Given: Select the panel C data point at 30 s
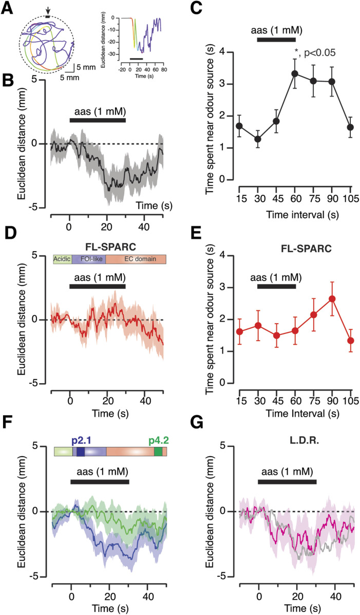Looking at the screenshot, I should [257, 139].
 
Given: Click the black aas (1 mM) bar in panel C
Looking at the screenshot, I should [276, 39].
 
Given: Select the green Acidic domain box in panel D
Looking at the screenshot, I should [63, 260].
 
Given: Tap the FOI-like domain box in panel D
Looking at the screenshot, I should [89, 260].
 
